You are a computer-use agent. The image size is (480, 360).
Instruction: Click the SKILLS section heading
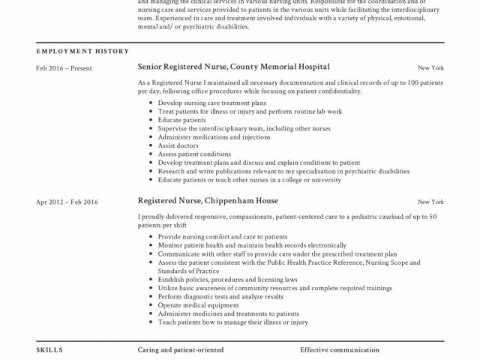point(49,350)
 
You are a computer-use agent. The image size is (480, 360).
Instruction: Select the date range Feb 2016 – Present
point(64,67)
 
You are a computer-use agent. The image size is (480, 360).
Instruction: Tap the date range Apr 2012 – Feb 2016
point(67,202)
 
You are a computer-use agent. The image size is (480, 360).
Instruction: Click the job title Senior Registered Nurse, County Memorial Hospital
point(234,67)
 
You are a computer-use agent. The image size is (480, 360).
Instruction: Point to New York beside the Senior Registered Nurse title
point(430,67)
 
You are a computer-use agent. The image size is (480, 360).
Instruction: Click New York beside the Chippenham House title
point(430,202)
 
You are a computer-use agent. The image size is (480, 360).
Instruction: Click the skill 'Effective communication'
point(340,350)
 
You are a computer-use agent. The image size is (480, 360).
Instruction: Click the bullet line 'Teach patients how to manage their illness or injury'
point(233,322)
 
